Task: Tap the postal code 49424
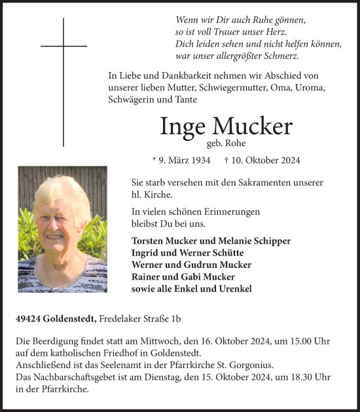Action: pyautogui.click(x=30, y=319)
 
